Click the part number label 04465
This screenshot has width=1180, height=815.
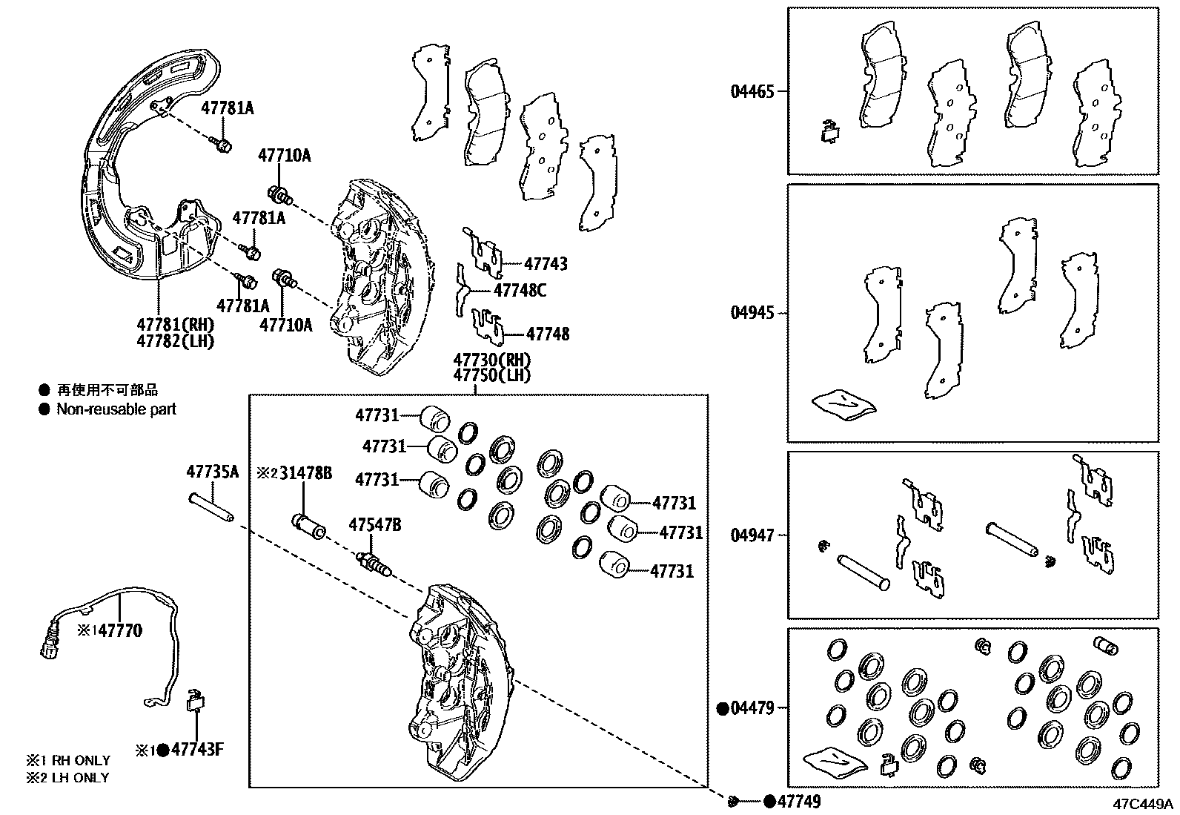click(x=752, y=92)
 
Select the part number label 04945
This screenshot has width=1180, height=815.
click(x=752, y=313)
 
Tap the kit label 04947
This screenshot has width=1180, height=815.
click(x=752, y=535)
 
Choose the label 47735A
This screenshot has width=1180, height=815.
click(x=213, y=472)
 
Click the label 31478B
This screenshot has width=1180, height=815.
click(x=305, y=472)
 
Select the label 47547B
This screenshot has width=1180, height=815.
click(x=374, y=525)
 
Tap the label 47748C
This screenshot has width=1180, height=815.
click(x=520, y=291)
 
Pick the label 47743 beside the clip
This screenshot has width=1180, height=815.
click(x=546, y=263)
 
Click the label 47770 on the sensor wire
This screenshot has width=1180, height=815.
click(x=119, y=631)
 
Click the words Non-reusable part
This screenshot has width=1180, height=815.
click(x=116, y=409)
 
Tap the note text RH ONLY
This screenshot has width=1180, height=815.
click(x=80, y=761)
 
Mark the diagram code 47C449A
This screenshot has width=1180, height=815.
click(x=1141, y=803)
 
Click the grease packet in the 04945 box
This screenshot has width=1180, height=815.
click(x=843, y=403)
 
